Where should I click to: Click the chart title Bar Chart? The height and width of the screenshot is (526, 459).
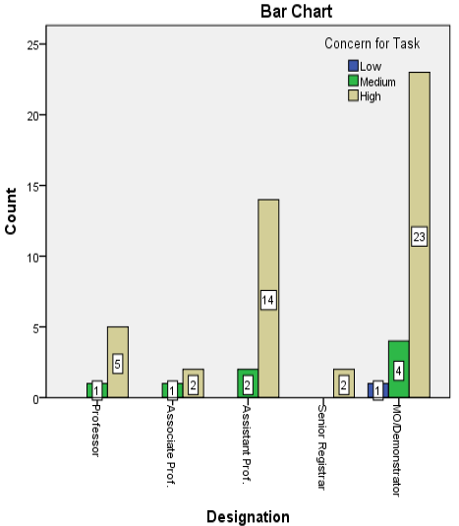(297, 11)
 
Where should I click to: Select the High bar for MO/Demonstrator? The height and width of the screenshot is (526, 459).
(420, 234)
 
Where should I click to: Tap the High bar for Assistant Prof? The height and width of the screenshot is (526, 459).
(268, 298)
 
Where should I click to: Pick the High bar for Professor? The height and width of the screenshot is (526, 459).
(118, 362)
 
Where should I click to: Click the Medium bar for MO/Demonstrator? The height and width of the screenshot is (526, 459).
(399, 369)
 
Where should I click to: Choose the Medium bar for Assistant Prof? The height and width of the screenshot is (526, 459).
(248, 383)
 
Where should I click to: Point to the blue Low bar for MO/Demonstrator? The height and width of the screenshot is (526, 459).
(378, 390)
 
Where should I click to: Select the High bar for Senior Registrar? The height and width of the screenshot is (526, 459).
(344, 383)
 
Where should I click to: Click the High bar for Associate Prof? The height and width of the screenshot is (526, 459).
(193, 383)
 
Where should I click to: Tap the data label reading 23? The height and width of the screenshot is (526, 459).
(420, 237)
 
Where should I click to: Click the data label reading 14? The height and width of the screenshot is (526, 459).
(268, 300)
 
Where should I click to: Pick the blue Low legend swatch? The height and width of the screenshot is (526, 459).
(354, 66)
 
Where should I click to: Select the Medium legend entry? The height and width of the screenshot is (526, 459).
(372, 82)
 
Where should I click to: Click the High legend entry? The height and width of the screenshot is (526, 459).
(365, 96)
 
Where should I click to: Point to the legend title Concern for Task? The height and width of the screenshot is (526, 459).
(373, 43)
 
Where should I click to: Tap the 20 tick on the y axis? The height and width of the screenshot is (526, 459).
(33, 116)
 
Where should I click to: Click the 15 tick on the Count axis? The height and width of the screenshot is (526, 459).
(33, 187)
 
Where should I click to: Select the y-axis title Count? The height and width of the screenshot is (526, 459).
(11, 211)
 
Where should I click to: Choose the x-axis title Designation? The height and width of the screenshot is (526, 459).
(248, 516)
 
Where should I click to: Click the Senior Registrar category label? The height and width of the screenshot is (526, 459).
(321, 447)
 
